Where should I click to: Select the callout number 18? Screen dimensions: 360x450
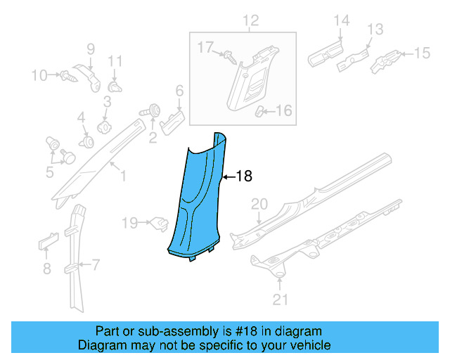click(x=243, y=176)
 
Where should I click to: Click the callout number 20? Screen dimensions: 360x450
click(x=259, y=204)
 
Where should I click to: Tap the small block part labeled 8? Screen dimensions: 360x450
click(x=44, y=243)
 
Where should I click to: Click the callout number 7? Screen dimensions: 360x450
click(x=96, y=265)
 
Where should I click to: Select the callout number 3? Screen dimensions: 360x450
click(x=107, y=102)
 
